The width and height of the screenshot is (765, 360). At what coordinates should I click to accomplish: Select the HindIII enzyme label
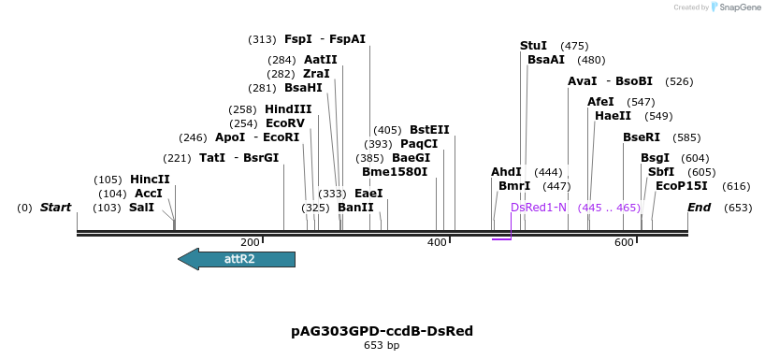(288, 109)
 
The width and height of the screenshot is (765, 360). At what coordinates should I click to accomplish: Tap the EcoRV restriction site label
(285, 123)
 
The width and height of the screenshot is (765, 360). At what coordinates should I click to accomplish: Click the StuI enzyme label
(533, 46)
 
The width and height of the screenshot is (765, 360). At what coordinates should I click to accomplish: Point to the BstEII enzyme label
(429, 130)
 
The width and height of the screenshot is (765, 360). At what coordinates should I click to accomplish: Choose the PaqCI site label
(419, 144)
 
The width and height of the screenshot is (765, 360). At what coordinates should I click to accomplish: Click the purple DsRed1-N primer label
(539, 208)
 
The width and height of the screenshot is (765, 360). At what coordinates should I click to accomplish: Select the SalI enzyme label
(141, 208)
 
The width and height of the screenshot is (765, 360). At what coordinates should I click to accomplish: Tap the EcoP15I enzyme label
(682, 186)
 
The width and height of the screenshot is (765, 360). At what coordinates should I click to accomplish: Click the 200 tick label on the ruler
(250, 243)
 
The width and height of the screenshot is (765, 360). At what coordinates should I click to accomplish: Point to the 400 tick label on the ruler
(437, 243)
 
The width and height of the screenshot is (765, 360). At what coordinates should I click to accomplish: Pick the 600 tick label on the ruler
(624, 243)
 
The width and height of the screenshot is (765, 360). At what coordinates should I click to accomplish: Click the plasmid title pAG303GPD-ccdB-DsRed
(382, 331)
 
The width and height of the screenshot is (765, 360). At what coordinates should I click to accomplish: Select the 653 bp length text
(382, 346)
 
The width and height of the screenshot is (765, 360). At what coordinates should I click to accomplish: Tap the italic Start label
(55, 208)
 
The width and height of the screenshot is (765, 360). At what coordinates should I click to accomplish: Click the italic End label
(699, 208)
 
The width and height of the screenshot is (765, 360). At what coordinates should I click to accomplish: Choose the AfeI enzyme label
(600, 102)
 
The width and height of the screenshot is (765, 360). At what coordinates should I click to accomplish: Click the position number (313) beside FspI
(262, 39)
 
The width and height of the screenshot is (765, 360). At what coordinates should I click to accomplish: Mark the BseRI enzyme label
(642, 137)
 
